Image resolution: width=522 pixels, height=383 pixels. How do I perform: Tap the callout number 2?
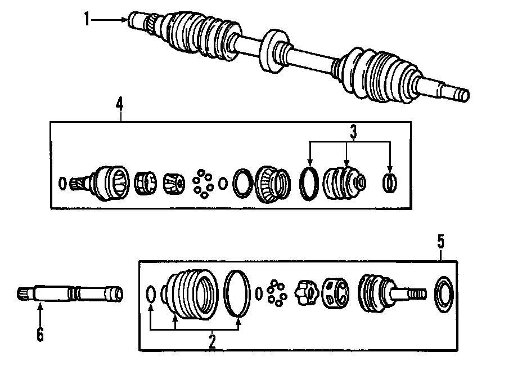pos(212,341)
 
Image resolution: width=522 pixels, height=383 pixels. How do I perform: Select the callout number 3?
pos(353,133)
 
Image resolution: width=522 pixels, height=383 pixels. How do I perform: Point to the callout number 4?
pos(119,104)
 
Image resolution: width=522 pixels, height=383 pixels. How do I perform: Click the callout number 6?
pos(40,334)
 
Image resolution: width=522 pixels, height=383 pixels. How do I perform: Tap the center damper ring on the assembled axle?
pos(273,51)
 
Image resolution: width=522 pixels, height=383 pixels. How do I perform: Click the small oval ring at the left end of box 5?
pos(151,295)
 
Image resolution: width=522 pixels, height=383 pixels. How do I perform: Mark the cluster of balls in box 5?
pos(277,293)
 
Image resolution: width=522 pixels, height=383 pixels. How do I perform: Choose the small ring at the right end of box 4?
pos(389,182)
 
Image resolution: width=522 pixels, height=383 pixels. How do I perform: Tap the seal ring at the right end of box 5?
pos(445,293)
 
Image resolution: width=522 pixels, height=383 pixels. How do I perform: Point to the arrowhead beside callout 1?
pos(125,20)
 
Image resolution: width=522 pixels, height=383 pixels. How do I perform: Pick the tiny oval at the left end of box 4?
pos(62,182)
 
